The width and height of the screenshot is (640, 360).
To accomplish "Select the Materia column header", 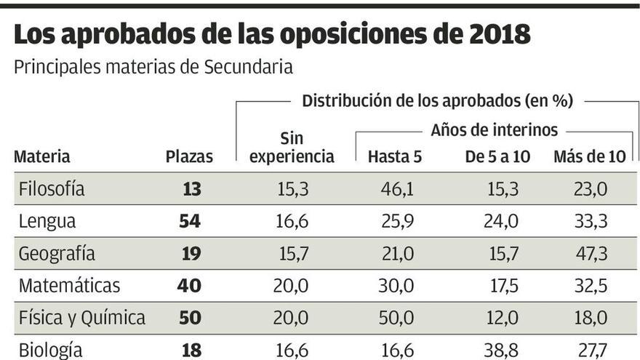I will point(42,156).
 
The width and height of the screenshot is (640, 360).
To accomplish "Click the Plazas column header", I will point(189,156).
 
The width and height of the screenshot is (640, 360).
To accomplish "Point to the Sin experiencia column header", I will point(292,148).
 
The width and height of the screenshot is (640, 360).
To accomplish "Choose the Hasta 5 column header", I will point(395,156).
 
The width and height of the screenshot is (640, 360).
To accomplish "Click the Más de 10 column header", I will point(590,156).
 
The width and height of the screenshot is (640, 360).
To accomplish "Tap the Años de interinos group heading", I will point(494,130).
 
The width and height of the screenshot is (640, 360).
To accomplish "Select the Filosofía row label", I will point(52,190).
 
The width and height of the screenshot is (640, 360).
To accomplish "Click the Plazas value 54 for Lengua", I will point(190,222).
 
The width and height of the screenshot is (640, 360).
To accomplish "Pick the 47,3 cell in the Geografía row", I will point(590,254).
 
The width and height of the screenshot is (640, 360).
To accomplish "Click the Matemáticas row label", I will point(69,286).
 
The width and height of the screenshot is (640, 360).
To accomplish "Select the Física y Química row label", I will point(81,318).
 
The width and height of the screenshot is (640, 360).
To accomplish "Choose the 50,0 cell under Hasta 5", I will point(396,318).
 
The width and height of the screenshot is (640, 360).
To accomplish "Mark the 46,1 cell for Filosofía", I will point(396,190).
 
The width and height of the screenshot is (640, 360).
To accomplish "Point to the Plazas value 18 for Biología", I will point(191,350).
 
